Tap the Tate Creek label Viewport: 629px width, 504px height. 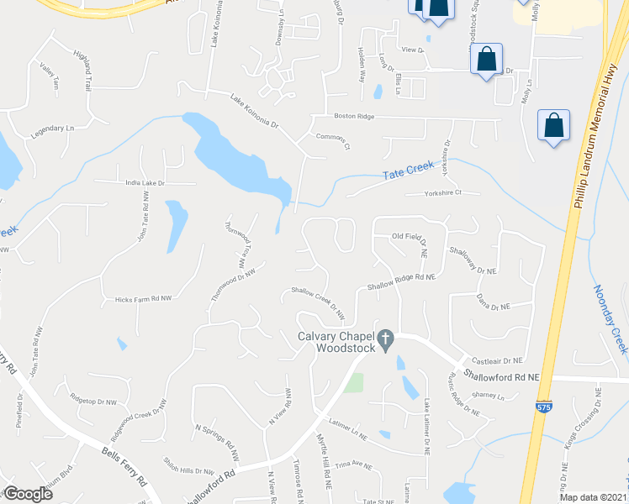pyautogui.click(x=407, y=173)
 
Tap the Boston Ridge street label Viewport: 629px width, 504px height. pyautogui.click(x=353, y=117)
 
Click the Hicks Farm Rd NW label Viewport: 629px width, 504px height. pyautogui.click(x=137, y=298)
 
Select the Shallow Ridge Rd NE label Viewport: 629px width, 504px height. pyautogui.click(x=400, y=281)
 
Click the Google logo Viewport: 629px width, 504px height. pyautogui.click(x=28, y=493)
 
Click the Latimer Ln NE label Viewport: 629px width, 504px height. pyautogui.click(x=349, y=430)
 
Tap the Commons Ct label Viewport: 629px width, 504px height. pyautogui.click(x=331, y=139)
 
